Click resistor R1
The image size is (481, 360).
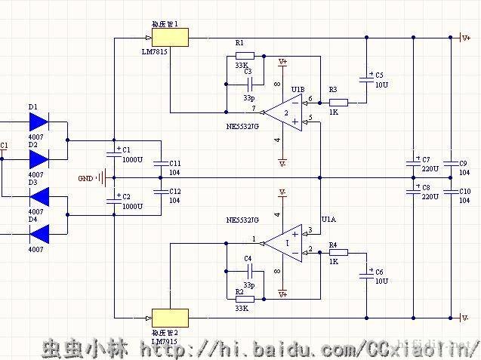point(245,56)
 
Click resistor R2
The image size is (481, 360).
point(245,299)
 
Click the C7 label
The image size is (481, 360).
point(426,160)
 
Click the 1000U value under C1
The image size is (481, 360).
point(131,160)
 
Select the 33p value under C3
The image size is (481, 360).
point(249,99)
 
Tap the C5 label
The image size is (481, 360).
point(379,75)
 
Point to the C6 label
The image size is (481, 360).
point(379,272)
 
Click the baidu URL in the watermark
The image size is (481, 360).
point(310,349)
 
